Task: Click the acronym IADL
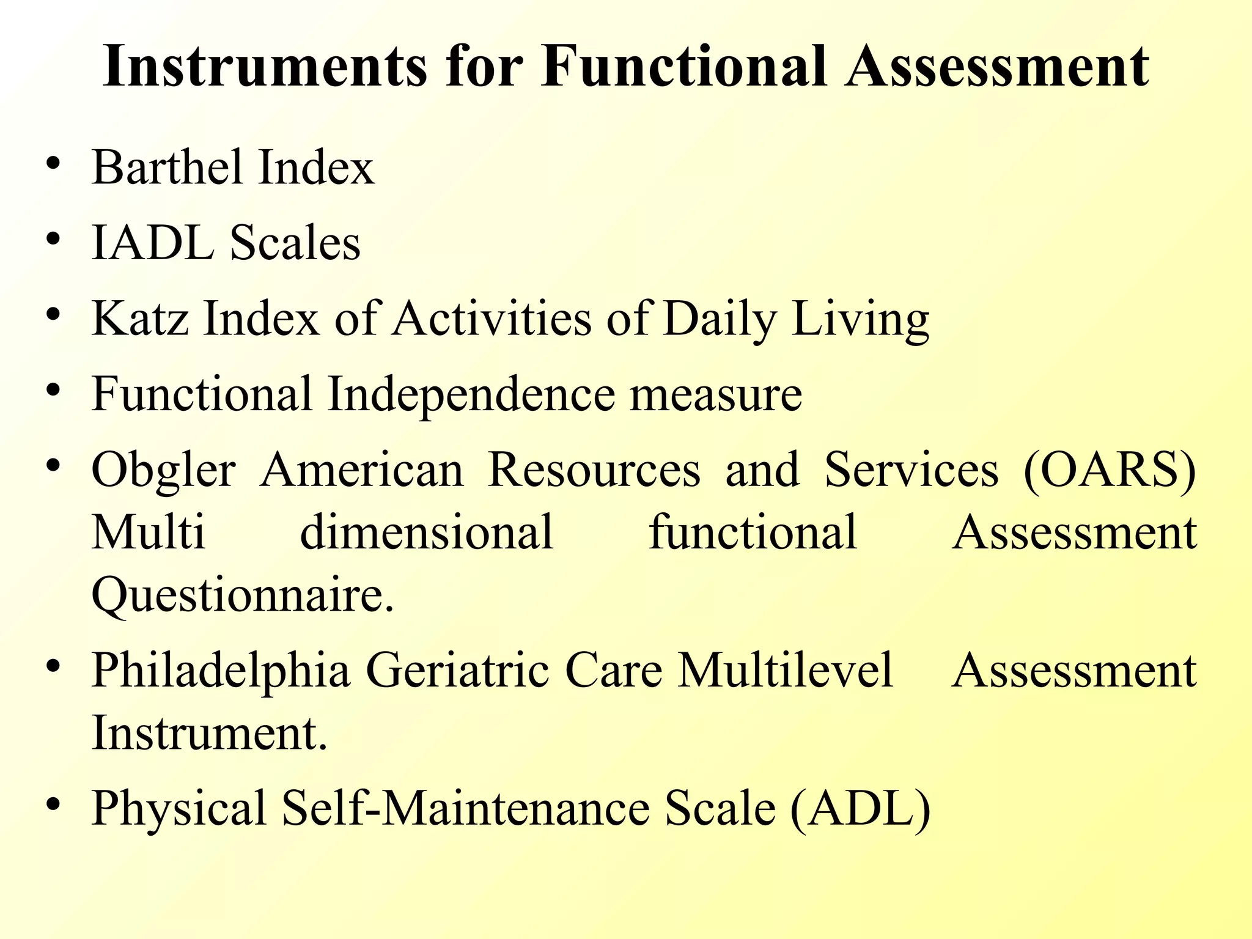pos(153,243)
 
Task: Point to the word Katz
pos(140,319)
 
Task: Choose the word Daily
pos(720,319)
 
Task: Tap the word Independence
pos(471,394)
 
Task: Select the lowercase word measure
pos(716,394)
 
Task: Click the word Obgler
pos(163,470)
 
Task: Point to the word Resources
pos(594,470)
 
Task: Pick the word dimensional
pos(426,532)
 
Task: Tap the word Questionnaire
pos(242,595)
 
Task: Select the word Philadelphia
pos(221,671)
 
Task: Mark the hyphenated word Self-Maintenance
pos(465,808)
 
